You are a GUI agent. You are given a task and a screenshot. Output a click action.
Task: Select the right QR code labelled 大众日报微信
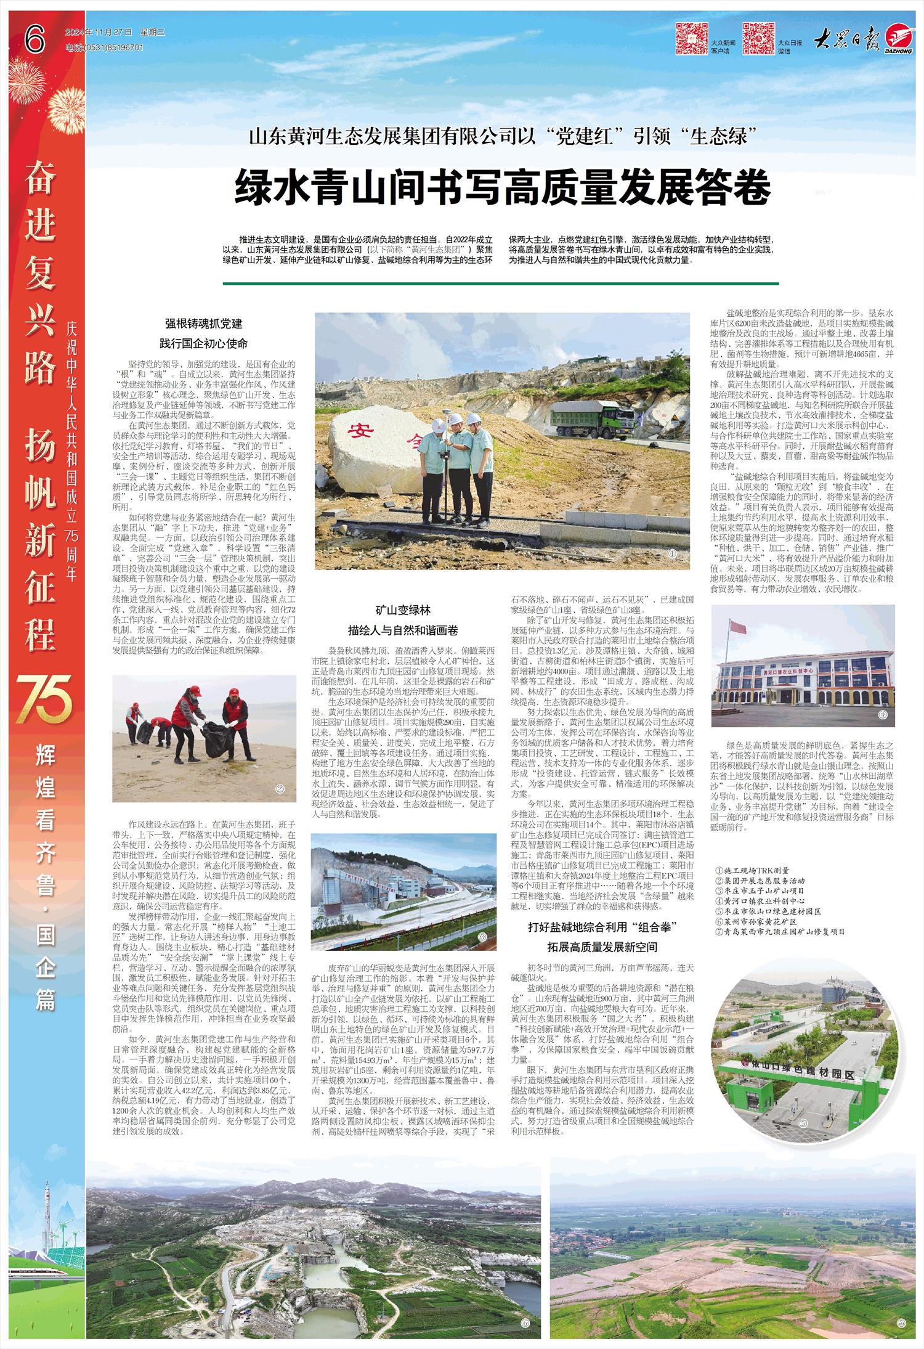pos(758,38)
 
